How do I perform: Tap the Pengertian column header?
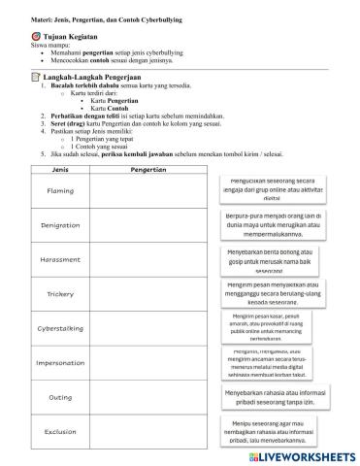point(145,168)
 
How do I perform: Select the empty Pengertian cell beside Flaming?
point(145,190)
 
